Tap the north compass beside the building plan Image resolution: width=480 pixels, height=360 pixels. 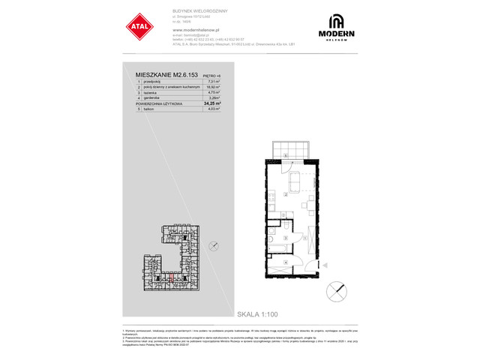(216, 245)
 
